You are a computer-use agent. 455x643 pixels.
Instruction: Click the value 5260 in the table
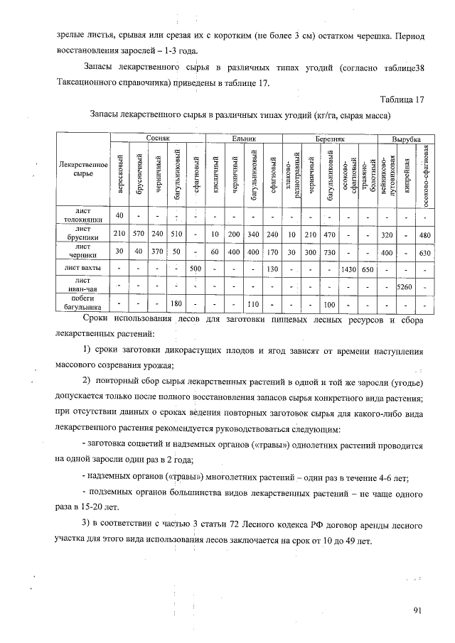point(405,287)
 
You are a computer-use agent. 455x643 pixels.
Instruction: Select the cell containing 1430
point(348,268)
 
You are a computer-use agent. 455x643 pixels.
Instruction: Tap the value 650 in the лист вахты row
point(368,268)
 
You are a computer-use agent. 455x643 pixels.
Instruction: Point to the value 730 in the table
point(329,251)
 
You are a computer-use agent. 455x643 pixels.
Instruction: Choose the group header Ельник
point(243,139)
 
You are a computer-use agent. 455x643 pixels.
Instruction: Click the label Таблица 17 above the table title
point(402,99)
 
